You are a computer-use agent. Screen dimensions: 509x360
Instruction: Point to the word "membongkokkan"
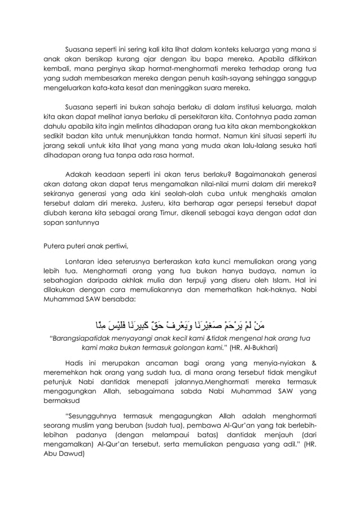[x=287, y=125]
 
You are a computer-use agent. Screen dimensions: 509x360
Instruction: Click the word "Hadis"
[x=77, y=363]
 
